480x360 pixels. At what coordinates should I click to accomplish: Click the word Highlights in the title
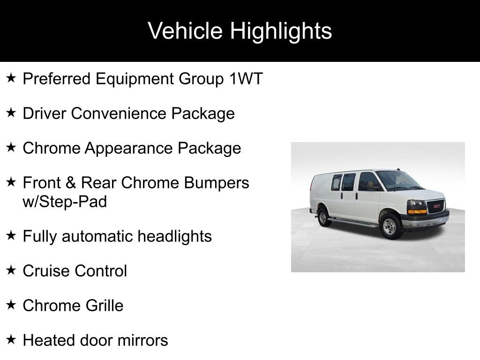(281, 31)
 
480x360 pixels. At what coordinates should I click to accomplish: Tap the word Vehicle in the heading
(185, 31)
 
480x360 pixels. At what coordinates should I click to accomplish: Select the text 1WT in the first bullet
(246, 79)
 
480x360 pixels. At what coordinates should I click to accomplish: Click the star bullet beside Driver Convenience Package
(12, 113)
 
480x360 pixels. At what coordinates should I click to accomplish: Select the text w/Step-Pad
(65, 202)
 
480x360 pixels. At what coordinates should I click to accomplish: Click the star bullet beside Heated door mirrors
(12, 340)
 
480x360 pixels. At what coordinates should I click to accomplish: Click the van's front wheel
(390, 227)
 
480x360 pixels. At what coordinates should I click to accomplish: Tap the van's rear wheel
(322, 218)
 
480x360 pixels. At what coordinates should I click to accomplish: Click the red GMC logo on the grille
(436, 206)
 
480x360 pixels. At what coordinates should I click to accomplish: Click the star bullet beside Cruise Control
(12, 270)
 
